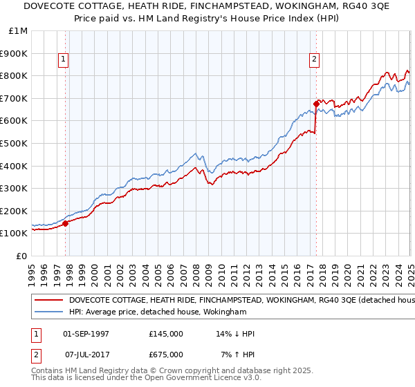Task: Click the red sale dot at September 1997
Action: tap(66, 223)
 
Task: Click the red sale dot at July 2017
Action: tap(316, 104)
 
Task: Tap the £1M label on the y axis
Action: tap(19, 31)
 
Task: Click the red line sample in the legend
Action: tap(48, 301)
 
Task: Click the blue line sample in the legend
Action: tap(48, 312)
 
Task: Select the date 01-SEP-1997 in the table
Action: tap(86, 334)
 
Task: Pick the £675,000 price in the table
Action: tap(166, 355)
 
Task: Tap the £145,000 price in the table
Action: tap(166, 334)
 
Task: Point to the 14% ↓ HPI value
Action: tap(235, 334)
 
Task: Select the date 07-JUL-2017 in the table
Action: tap(86, 355)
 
